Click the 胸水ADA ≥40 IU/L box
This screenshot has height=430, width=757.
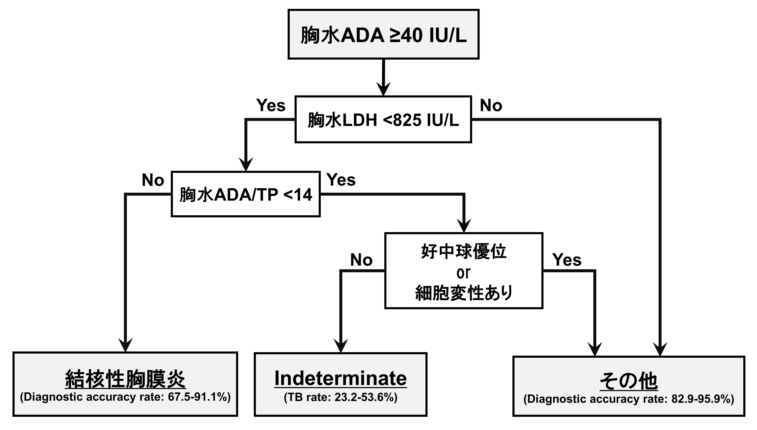point(383,34)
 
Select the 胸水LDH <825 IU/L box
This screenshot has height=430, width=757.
point(383,119)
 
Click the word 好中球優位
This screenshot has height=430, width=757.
point(464,252)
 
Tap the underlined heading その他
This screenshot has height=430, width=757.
point(629,381)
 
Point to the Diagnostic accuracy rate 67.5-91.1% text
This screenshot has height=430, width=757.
point(125,397)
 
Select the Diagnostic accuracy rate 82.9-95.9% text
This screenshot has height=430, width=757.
point(629,399)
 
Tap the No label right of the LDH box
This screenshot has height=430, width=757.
point(491,105)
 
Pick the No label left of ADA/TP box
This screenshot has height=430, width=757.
point(153,180)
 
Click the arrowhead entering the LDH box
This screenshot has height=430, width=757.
point(383,89)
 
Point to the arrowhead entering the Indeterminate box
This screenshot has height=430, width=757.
point(341,346)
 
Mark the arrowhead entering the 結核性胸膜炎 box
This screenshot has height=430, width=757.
point(125,345)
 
